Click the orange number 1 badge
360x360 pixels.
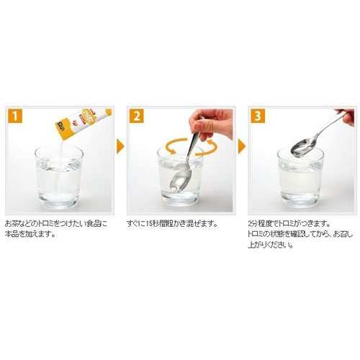pyautogui.click(x=15, y=116)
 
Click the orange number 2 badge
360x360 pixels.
pyautogui.click(x=137, y=116)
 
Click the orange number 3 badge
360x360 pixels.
pyautogui.click(x=258, y=116)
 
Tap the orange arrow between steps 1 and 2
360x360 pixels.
pyautogui.click(x=120, y=146)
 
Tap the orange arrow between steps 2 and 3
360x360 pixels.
pyautogui.click(x=242, y=146)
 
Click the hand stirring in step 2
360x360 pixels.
pyautogui.click(x=210, y=124)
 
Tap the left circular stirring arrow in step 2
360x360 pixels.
pyautogui.click(x=176, y=145)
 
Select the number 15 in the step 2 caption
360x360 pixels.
pyautogui.click(x=149, y=224)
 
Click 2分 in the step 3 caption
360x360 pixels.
pyautogui.click(x=253, y=224)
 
